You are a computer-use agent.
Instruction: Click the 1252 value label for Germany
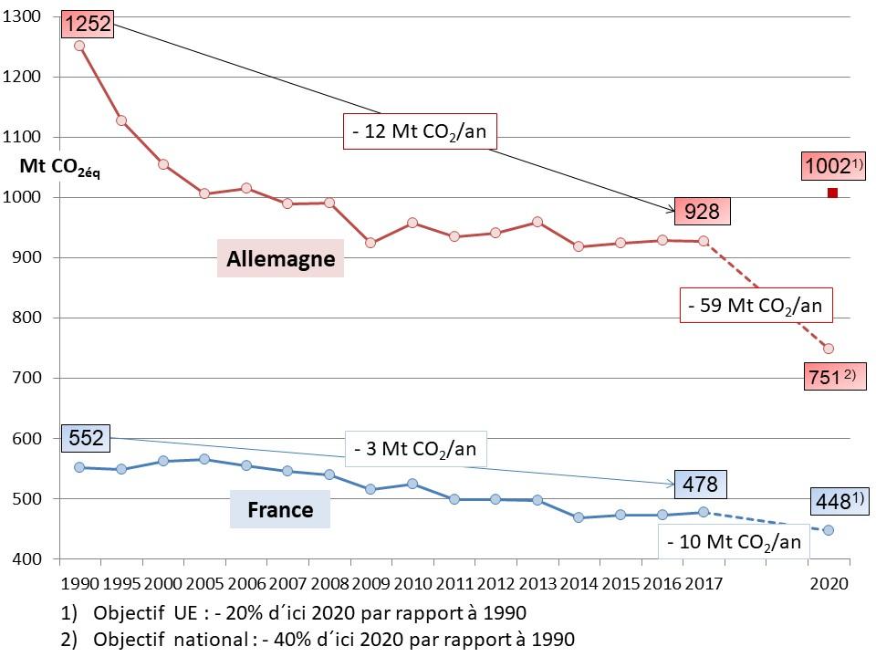point(88,24)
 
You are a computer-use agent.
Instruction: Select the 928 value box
point(703,212)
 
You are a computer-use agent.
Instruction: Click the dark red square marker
point(832,193)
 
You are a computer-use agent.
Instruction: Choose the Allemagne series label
point(280,259)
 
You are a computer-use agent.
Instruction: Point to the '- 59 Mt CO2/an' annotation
point(756,306)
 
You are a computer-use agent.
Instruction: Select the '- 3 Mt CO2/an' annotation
point(415,448)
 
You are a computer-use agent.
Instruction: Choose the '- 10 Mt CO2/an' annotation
point(735,541)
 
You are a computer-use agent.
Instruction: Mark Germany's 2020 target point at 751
point(829,349)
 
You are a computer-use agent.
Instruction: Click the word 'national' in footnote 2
point(213,638)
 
